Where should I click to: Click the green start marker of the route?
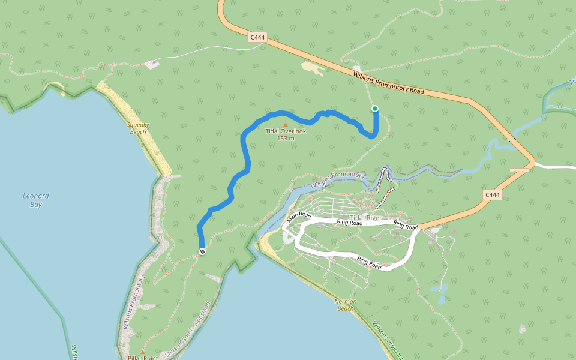(375, 109)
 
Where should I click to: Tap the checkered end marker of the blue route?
(202, 251)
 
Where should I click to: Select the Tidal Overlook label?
(286, 131)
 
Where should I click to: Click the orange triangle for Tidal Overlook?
(285, 125)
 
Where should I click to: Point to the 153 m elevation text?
(286, 139)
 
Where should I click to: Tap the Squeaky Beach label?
(138, 128)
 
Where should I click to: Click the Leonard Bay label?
(35, 200)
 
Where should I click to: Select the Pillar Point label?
(142, 358)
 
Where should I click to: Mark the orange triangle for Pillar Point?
(142, 352)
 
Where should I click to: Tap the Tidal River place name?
(365, 218)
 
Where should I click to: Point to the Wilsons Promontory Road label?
(388, 83)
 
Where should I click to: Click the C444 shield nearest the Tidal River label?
(492, 195)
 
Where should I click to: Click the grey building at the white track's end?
(152, 64)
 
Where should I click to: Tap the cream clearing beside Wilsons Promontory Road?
(313, 68)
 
